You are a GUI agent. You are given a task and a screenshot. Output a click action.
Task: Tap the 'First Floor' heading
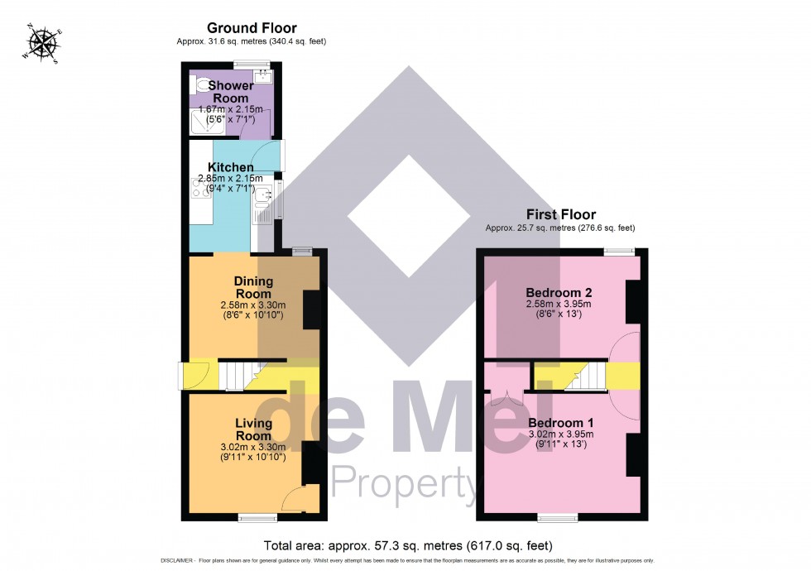pos(560,214)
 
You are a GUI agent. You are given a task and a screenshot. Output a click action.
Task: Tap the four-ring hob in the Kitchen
pos(202,189)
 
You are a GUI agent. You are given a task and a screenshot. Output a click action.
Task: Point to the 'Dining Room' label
pos(253,287)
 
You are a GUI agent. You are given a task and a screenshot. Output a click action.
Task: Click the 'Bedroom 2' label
pos(560,293)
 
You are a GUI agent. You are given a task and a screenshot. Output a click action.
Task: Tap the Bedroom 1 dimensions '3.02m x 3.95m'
pos(560,434)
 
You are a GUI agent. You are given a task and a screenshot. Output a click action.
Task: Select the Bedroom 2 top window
pos(618,250)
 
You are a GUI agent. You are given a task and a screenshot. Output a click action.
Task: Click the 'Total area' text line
pos(406,545)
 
